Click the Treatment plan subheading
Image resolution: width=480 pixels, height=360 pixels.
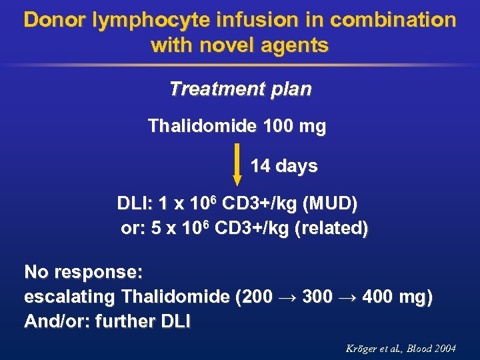[x=240, y=89]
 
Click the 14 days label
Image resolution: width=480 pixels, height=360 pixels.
[x=284, y=165]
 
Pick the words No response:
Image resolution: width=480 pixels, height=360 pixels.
[x=83, y=272]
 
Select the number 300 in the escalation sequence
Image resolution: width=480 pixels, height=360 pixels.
[x=317, y=297]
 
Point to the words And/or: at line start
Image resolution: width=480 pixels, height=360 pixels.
[x=57, y=321]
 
